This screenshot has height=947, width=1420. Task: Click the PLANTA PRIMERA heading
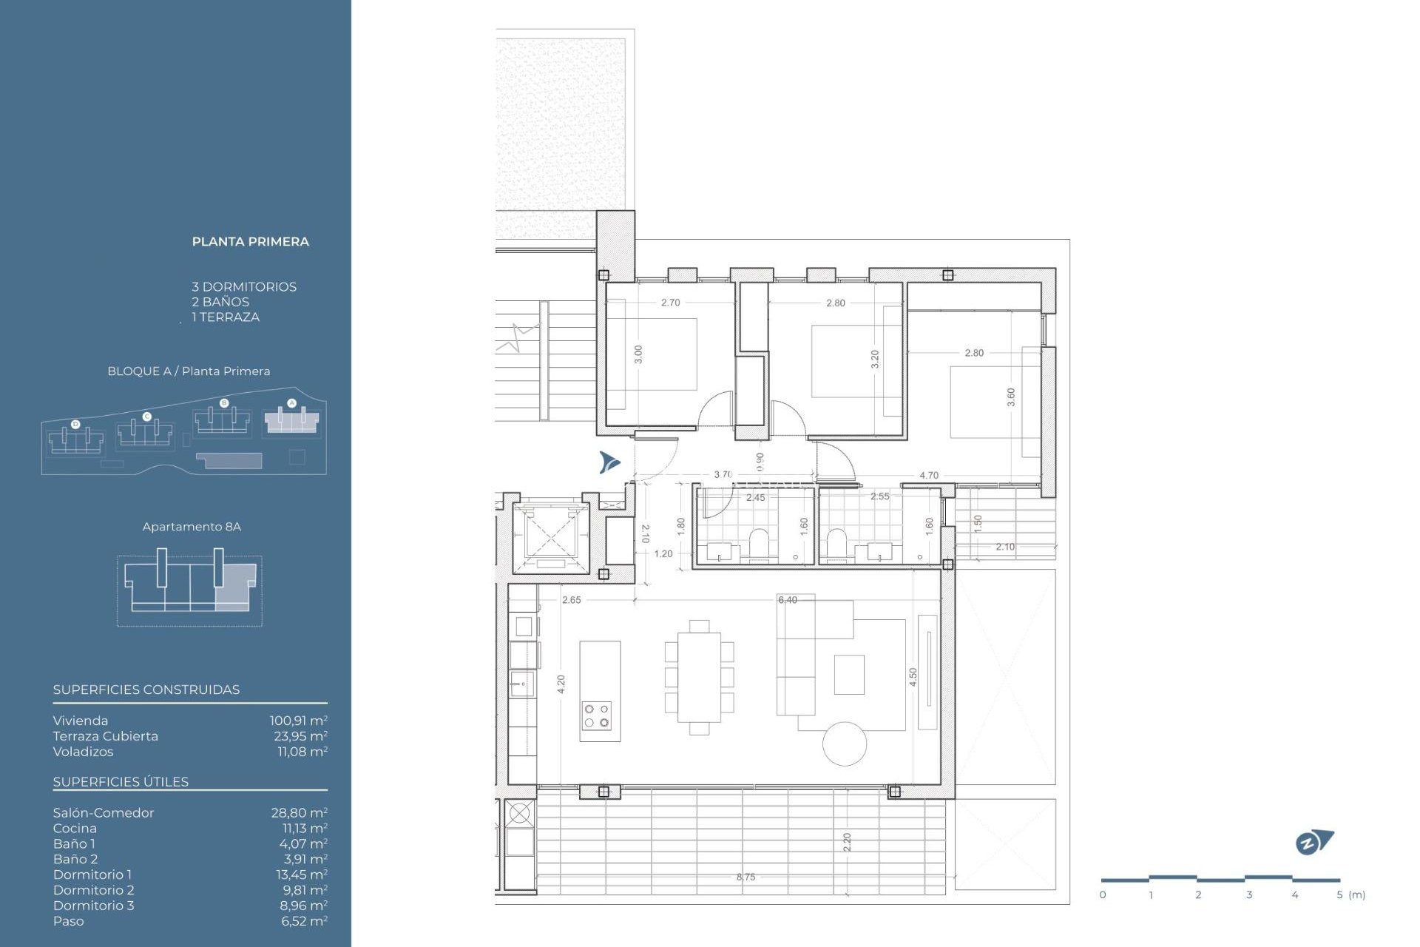[250, 242]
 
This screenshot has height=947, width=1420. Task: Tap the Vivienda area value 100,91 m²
[298, 721]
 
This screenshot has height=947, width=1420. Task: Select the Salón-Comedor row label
[104, 812]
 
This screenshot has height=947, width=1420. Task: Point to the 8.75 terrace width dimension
[745, 877]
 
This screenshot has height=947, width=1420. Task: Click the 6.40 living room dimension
[788, 600]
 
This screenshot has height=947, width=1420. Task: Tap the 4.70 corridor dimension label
[928, 476]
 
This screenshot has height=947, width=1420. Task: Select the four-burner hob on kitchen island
[597, 715]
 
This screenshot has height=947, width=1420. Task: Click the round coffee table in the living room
[845, 744]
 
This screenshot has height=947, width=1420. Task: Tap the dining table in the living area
[699, 677]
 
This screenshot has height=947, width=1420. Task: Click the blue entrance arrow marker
[609, 462]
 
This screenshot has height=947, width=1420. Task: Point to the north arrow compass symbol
[1313, 842]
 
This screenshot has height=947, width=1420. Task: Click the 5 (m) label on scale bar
[1350, 895]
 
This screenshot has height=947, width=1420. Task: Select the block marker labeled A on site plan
[291, 403]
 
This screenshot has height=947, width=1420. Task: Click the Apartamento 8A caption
[192, 527]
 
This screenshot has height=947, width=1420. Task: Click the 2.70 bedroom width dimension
[670, 303]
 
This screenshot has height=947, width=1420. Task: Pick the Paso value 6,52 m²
[304, 921]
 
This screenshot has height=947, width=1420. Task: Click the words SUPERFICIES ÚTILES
[121, 782]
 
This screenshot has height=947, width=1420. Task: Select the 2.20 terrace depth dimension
[847, 842]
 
